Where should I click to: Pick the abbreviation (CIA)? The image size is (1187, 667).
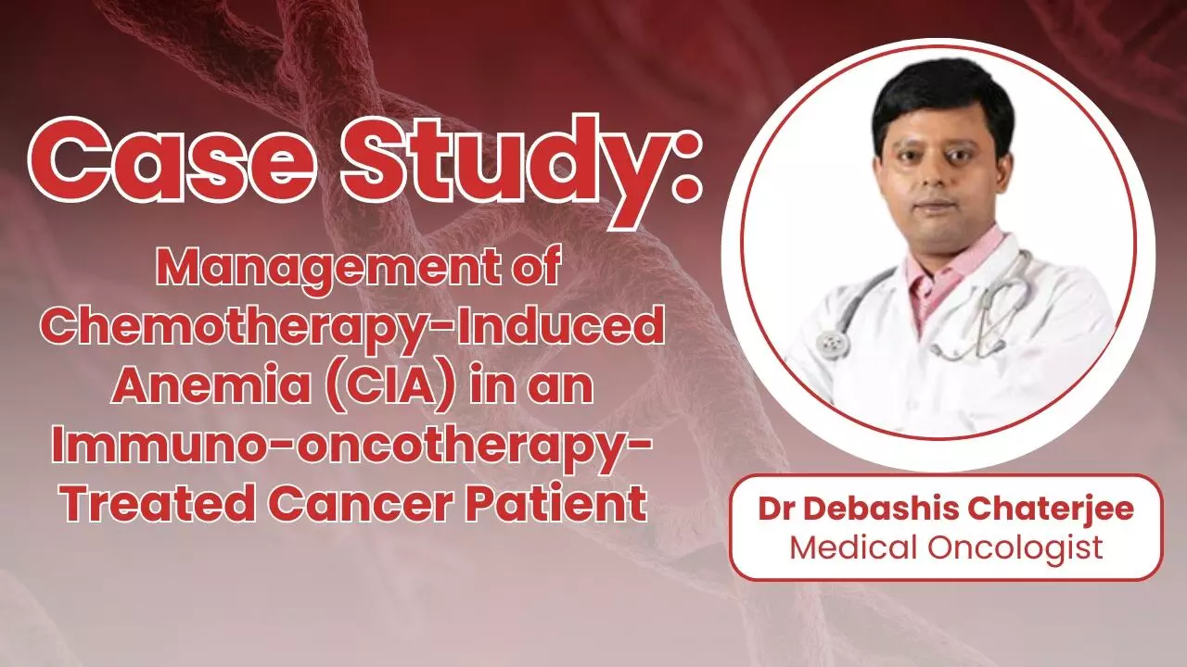(x=366, y=387)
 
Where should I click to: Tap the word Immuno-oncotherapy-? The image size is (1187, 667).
(x=352, y=447)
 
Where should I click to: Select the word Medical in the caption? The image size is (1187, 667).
(x=852, y=547)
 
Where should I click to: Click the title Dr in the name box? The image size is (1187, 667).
(x=775, y=510)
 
